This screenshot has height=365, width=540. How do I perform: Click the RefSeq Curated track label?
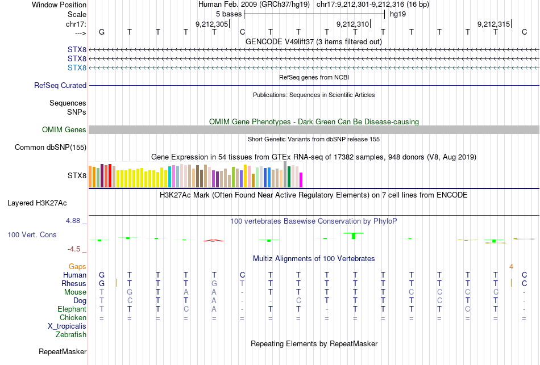pyautogui.click(x=60, y=86)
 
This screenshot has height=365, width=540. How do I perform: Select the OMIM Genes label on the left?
pyautogui.click(x=64, y=130)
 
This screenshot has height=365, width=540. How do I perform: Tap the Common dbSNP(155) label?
pyautogui.click(x=51, y=148)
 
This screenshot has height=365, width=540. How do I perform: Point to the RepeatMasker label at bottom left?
pyautogui.click(x=63, y=352)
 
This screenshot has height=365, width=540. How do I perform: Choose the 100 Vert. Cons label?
pyautogui.click(x=32, y=234)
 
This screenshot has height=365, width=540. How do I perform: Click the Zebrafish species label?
pyautogui.click(x=71, y=335)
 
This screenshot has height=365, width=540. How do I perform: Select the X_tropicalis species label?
pyautogui.click(x=67, y=326)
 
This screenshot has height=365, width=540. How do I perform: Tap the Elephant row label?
pyautogui.click(x=72, y=309)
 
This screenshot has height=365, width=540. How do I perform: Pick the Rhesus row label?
pyautogui.click(x=74, y=283)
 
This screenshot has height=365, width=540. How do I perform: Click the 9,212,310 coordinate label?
pyautogui.click(x=352, y=24)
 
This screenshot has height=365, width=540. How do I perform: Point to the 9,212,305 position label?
pyautogui.click(x=211, y=24)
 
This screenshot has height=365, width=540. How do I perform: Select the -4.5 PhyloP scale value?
pyautogui.click(x=76, y=249)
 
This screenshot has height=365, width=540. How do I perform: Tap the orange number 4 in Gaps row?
pyautogui.click(x=512, y=266)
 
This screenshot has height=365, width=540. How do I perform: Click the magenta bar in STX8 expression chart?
pyautogui.click(x=301, y=179)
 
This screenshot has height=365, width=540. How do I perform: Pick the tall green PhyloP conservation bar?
pyautogui.click(x=354, y=235)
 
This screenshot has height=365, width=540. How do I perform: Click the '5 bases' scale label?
pyautogui.click(x=229, y=14)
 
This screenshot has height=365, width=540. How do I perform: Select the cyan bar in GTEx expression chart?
pyautogui.click(x=170, y=177)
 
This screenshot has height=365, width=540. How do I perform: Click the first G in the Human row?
pyautogui.click(x=102, y=275)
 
